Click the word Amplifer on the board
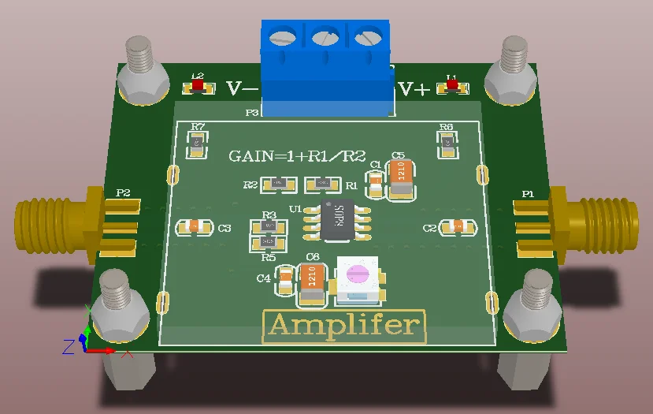pyautogui.click(x=344, y=325)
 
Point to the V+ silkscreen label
pyautogui.click(x=414, y=89)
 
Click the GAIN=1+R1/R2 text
pyautogui.click(x=297, y=156)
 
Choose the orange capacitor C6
pyautogui.click(x=312, y=283)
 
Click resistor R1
pyautogui.click(x=321, y=185)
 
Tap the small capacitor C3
pyautogui.click(x=194, y=227)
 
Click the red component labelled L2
pyautogui.click(x=198, y=84)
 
